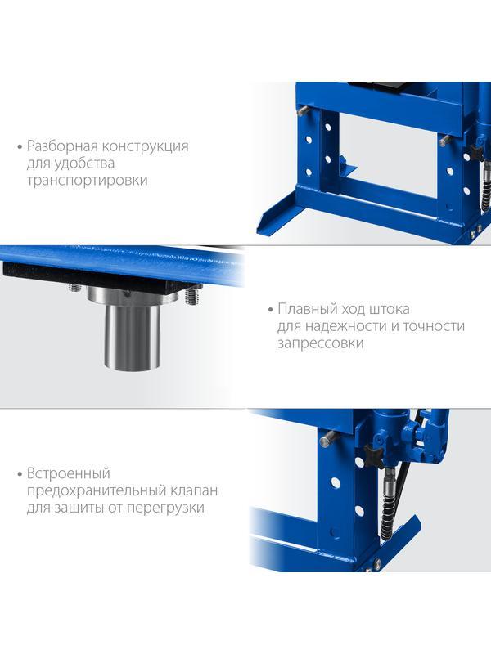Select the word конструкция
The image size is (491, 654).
pos(146,146)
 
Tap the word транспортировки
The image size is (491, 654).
pos(88,181)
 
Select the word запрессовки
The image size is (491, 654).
pos(320,343)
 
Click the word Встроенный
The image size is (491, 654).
pos(69,473)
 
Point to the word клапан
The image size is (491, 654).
pos(194,491)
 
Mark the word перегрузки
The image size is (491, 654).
pos(165,508)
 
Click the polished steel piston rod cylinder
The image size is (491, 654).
pos(132,336)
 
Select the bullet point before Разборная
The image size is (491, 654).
pos(20,147)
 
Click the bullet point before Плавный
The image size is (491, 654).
pos(270,311)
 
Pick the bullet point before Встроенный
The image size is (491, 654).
pos(20,475)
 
